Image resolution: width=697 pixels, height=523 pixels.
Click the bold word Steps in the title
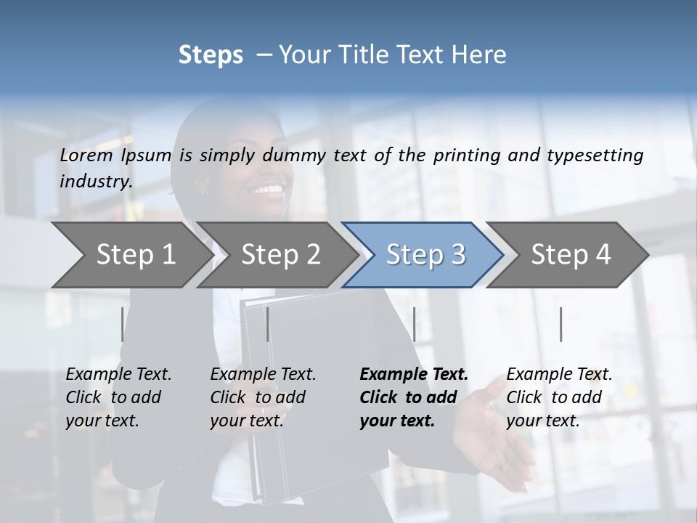tap(211, 55)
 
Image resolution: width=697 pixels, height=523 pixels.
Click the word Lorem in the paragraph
tap(86, 155)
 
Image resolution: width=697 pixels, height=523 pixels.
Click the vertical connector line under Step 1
tap(122, 324)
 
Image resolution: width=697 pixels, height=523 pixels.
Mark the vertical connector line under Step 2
tap(268, 324)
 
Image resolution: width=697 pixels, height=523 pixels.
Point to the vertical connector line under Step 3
tap(414, 324)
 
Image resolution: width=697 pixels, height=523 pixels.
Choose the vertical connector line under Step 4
tap(561, 324)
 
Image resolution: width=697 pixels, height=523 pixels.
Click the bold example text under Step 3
tap(414, 397)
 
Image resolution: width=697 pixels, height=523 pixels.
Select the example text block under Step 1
tap(118, 397)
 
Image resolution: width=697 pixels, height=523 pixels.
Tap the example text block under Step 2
tap(263, 397)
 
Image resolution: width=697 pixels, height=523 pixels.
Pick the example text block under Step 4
tap(559, 397)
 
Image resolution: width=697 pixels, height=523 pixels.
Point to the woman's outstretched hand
tap(494, 436)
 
